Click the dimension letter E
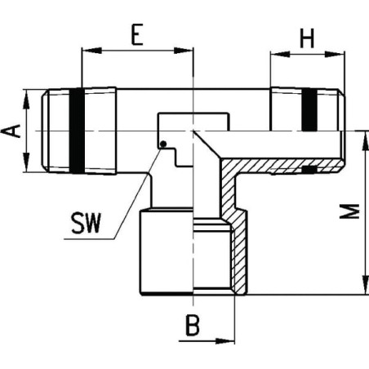pyautogui.click(x=137, y=34)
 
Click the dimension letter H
pyautogui.click(x=307, y=38)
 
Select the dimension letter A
pyautogui.click(x=11, y=131)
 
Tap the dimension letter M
pyautogui.click(x=350, y=211)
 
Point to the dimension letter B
pyautogui.click(x=193, y=325)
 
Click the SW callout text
pyautogui.click(x=86, y=224)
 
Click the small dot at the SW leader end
pyautogui.click(x=163, y=144)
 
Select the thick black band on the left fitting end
pyautogui.click(x=77, y=131)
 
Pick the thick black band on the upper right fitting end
pyautogui.click(x=309, y=109)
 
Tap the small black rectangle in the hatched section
pyautogui.click(x=309, y=170)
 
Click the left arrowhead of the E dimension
pyautogui.click(x=91, y=51)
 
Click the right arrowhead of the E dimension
pyautogui.click(x=184, y=51)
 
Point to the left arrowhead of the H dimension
pyautogui.click(x=280, y=54)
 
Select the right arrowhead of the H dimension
pyautogui.click(x=335, y=54)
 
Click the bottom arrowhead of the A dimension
pyautogui.click(x=26, y=162)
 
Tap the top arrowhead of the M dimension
pyautogui.click(x=365, y=140)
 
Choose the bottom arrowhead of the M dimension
pyautogui.click(x=365, y=285)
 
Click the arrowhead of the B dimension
pyautogui.click(x=225, y=340)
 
